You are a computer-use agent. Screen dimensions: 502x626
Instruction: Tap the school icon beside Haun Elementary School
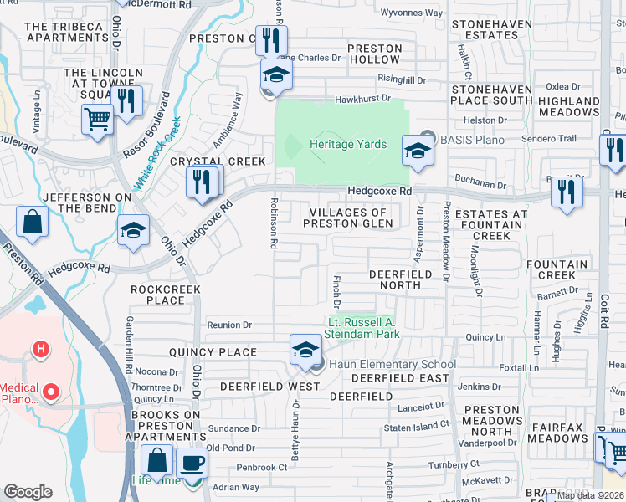click(x=305, y=350)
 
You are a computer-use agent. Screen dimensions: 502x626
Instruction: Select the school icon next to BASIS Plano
click(x=418, y=151)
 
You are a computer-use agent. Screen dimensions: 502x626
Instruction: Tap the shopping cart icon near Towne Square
click(x=98, y=120)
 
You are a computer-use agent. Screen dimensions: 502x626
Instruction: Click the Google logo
click(x=28, y=492)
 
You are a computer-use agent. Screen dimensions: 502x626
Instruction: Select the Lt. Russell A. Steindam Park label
click(x=362, y=328)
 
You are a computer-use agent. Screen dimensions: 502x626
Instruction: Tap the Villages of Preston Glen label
click(x=347, y=218)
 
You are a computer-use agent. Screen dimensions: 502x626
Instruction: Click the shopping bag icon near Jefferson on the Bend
click(x=32, y=223)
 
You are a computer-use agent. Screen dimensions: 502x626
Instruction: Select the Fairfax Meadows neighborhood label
click(x=558, y=433)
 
